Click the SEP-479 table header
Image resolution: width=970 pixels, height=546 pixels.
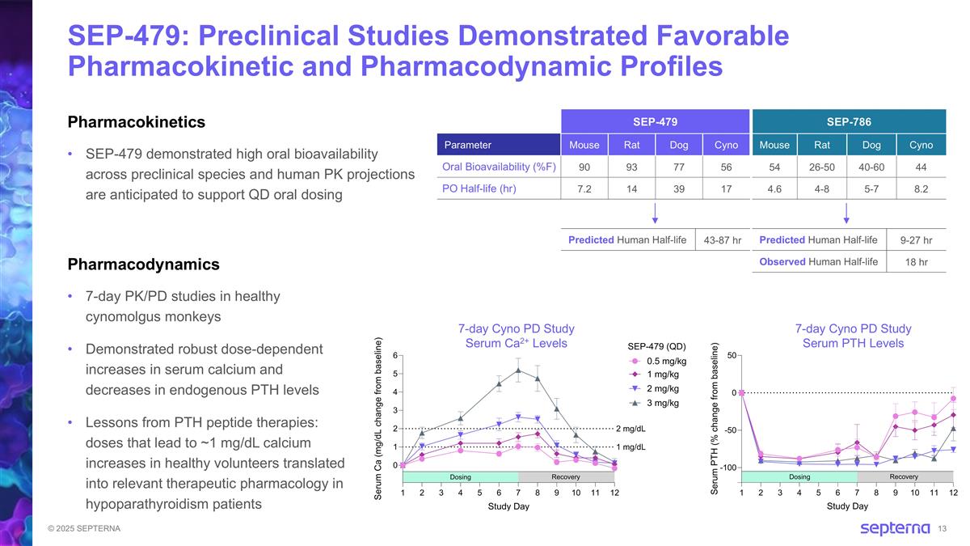click(x=655, y=121)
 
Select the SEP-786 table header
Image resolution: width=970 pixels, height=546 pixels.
click(x=849, y=121)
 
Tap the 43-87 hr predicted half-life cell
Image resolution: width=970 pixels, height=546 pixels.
click(x=721, y=240)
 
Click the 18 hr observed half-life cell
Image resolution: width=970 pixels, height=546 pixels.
click(x=916, y=262)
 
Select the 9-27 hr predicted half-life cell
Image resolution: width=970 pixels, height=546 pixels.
click(x=916, y=240)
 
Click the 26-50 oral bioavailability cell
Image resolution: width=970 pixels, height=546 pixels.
click(x=823, y=167)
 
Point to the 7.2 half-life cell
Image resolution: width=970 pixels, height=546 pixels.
click(x=584, y=189)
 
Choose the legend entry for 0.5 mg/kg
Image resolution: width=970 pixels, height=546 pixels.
click(x=667, y=361)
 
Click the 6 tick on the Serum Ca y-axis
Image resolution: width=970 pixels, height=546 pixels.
click(x=394, y=355)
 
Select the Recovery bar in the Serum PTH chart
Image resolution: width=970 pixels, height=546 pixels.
click(x=905, y=476)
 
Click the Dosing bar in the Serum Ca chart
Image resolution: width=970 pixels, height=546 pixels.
click(x=460, y=476)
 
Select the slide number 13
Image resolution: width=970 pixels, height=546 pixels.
click(x=942, y=529)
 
